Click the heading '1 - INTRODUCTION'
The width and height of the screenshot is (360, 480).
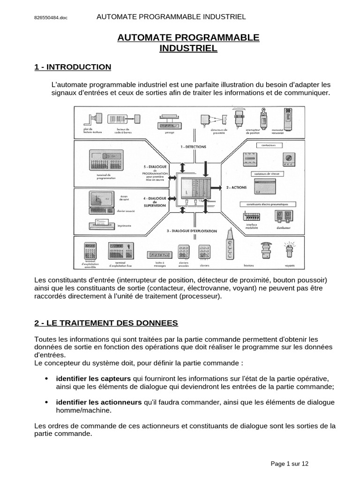(x=73, y=67)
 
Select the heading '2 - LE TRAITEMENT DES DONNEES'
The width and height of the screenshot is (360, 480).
(x=106, y=323)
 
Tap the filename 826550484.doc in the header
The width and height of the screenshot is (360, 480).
(x=51, y=18)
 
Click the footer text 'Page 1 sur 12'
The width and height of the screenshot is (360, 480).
(x=290, y=464)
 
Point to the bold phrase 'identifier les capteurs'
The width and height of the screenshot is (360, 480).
(x=93, y=378)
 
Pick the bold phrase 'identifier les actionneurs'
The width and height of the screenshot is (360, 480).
(x=99, y=402)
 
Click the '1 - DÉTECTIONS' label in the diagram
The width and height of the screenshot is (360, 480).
(x=193, y=146)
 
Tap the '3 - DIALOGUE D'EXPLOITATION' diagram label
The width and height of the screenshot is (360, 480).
(x=192, y=231)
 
